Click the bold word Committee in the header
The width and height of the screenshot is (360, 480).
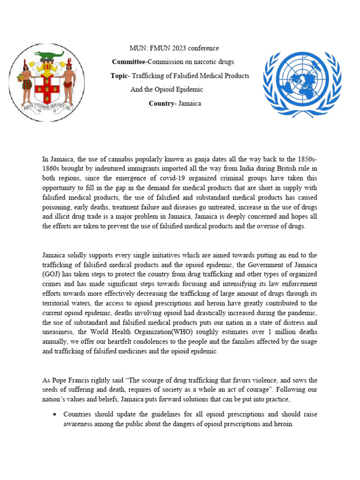[129, 62]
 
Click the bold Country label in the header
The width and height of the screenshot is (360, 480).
[161, 103]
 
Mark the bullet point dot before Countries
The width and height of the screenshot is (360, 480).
[55, 414]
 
